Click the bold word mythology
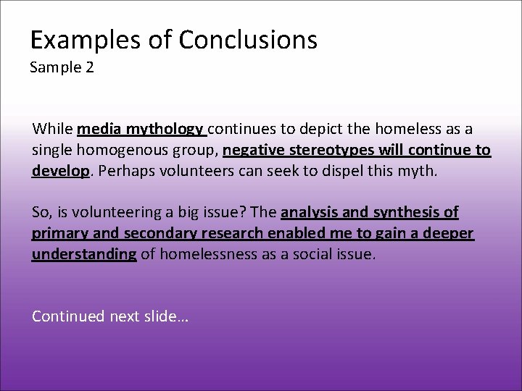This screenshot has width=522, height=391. click(165, 130)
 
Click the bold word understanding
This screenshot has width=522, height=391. click(84, 255)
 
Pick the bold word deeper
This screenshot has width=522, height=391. click(448, 234)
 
